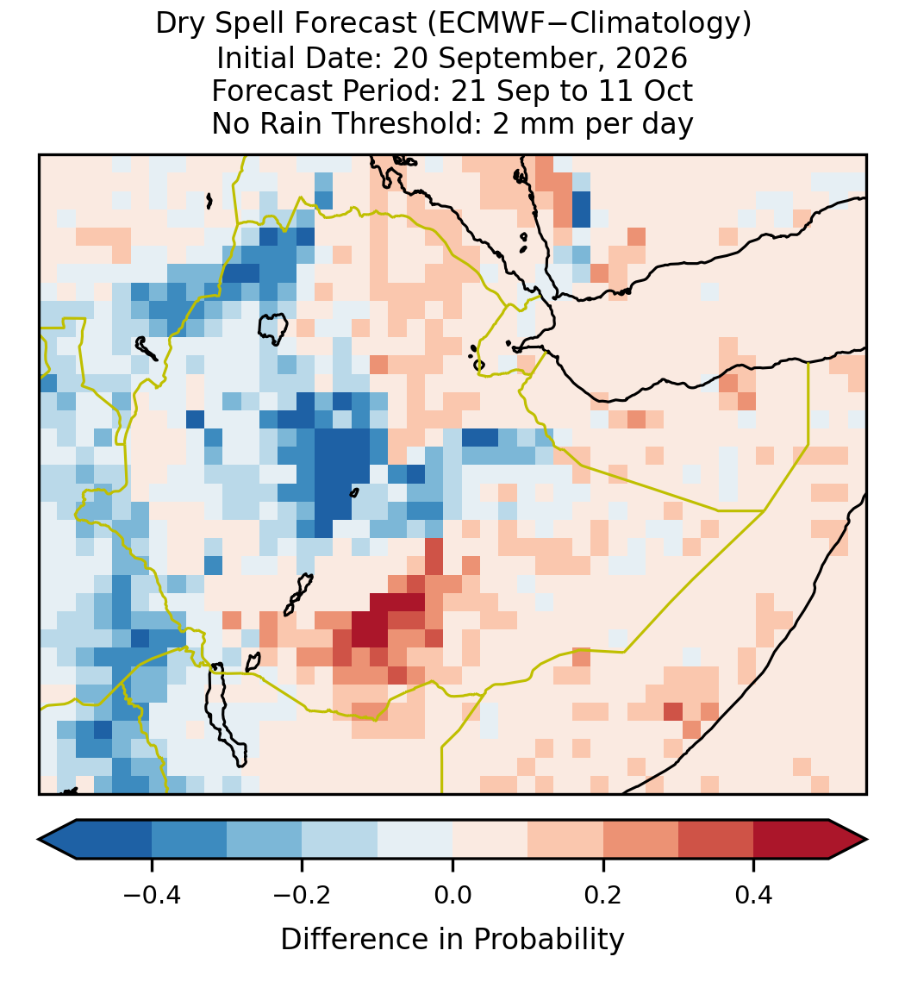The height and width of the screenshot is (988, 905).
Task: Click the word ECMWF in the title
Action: [478, 24]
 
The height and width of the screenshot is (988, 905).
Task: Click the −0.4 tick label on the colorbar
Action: [152, 895]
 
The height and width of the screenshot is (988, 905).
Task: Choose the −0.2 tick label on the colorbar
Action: [303, 895]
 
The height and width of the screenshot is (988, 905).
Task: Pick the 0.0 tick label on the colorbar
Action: [452, 895]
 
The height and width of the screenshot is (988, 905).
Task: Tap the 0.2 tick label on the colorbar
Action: [603, 895]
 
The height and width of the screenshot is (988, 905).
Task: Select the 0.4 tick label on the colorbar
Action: [754, 895]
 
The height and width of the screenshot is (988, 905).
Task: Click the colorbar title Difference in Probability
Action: [452, 940]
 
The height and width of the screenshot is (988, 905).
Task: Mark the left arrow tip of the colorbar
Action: [39, 840]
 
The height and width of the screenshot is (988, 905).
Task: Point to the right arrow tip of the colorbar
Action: [867, 840]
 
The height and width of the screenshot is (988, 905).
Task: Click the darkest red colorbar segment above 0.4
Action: [791, 840]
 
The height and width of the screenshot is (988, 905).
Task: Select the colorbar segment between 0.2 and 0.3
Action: [640, 840]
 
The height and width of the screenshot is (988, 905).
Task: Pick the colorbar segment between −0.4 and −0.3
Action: [189, 840]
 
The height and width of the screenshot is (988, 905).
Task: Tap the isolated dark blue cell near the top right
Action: [581, 209]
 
